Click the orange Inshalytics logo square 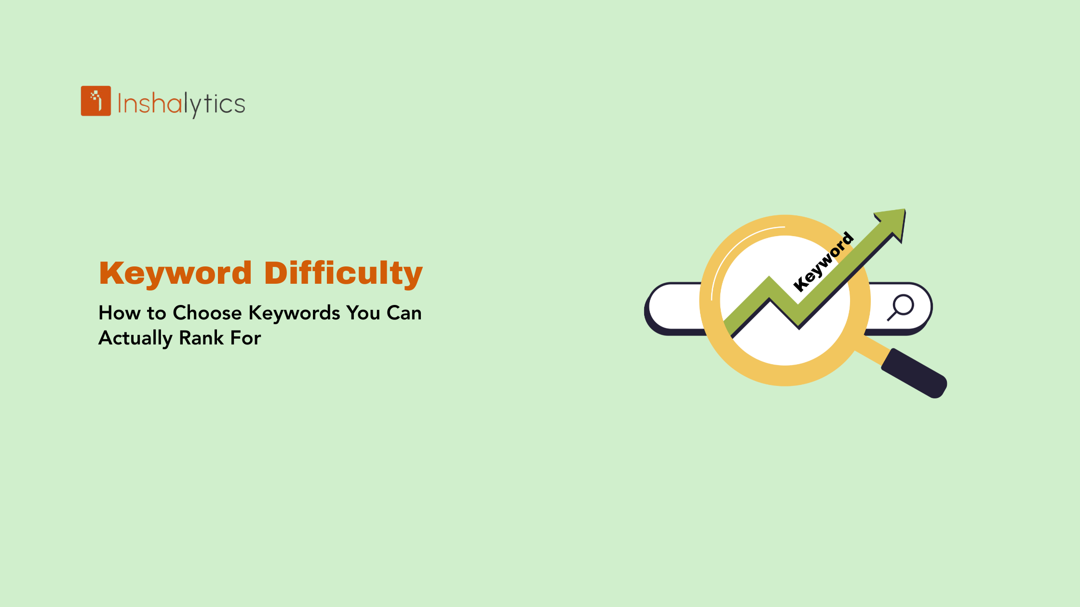click(95, 101)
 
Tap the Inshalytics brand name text click(181, 104)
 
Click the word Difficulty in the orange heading click(343, 273)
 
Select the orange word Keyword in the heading click(175, 273)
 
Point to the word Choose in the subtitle click(207, 313)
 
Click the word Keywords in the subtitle click(294, 313)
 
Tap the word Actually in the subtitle click(135, 338)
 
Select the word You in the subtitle click(363, 313)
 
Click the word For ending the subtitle click(245, 338)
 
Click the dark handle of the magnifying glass click(914, 374)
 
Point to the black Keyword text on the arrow click(823, 262)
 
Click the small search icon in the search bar click(901, 307)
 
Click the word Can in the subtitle click(404, 313)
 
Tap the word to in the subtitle click(157, 313)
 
